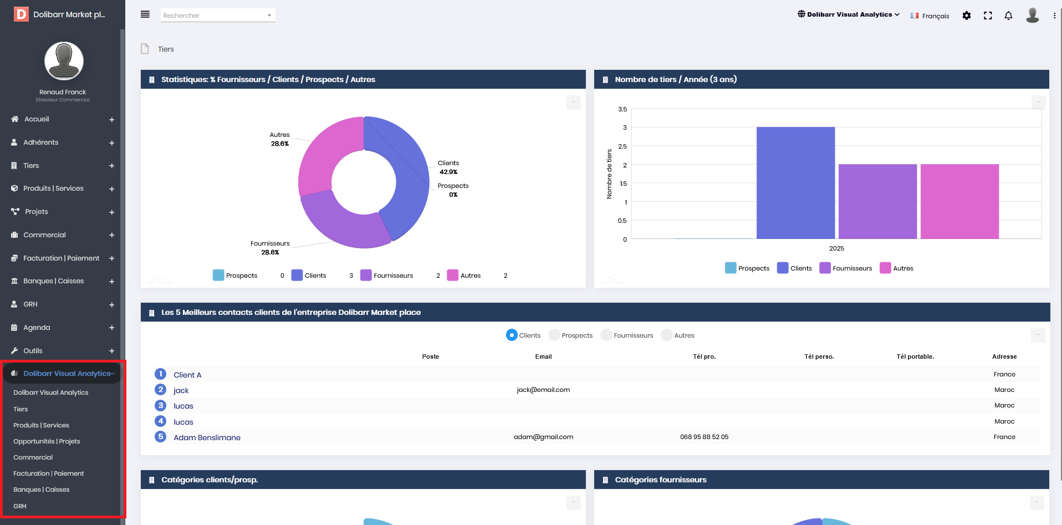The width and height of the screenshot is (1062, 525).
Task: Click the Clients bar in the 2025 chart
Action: coord(795,183)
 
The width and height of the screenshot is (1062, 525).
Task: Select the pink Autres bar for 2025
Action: coord(959,202)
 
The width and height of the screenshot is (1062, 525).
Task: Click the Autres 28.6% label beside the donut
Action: coord(280,139)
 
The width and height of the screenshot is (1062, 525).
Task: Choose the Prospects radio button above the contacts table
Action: coord(554,335)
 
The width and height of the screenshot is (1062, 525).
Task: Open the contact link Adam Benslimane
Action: coord(207,437)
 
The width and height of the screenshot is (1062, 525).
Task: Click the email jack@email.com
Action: coord(543,390)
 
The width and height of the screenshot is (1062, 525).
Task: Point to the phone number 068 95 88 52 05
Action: coord(704,437)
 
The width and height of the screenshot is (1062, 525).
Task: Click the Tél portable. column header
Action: coord(915,356)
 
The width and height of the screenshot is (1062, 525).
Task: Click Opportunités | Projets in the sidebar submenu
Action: coord(47,441)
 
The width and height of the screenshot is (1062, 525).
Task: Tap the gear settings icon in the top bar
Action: coord(967,16)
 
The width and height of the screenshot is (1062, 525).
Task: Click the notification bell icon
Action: coord(1008,16)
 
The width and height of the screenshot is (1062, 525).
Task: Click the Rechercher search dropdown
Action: coord(218,16)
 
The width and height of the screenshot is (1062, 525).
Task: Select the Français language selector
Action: coord(930,16)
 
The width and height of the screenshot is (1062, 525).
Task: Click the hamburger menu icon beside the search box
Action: coord(145,14)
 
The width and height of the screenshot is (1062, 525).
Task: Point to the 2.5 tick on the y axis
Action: coord(622,146)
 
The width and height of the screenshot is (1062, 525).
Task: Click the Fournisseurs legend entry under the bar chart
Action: coord(846,268)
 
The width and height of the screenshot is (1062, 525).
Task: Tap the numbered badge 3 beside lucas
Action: coord(161,405)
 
